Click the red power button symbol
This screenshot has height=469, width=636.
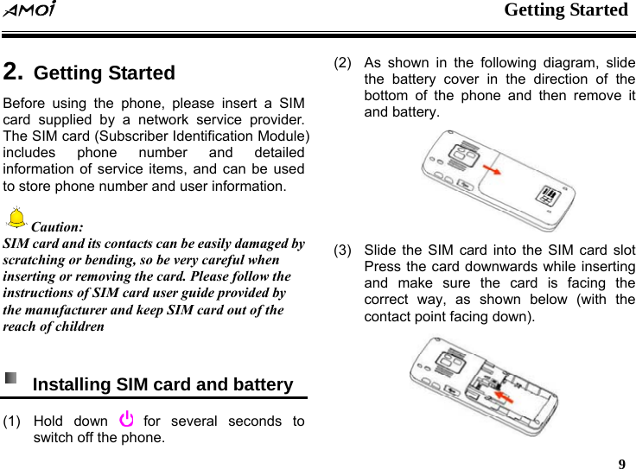126,421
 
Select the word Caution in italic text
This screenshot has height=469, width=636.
58,228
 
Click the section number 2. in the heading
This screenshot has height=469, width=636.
13,72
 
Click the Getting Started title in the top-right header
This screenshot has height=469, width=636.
565,10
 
